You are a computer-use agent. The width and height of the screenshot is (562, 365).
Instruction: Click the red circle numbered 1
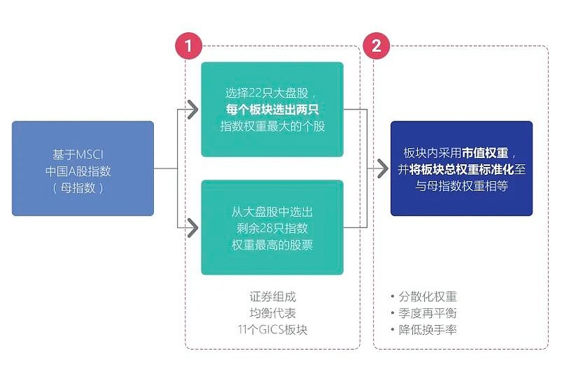pos(188,47)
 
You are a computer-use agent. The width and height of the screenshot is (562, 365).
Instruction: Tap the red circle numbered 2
pos(377,47)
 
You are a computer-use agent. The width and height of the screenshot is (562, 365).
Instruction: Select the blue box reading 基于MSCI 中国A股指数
pos(83,168)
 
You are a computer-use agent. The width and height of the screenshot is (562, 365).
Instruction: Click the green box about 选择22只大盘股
pos(272,109)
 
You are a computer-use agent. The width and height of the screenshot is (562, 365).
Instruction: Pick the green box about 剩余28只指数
pos(272,227)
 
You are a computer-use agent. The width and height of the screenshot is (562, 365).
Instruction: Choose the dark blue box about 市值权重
pos(462,168)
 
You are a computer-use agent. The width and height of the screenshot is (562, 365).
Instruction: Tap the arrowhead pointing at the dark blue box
pos(381,169)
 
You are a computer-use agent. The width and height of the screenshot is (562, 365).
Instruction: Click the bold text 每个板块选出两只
pos(272,109)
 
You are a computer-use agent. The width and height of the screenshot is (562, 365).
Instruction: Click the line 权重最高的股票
pos(272,244)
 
